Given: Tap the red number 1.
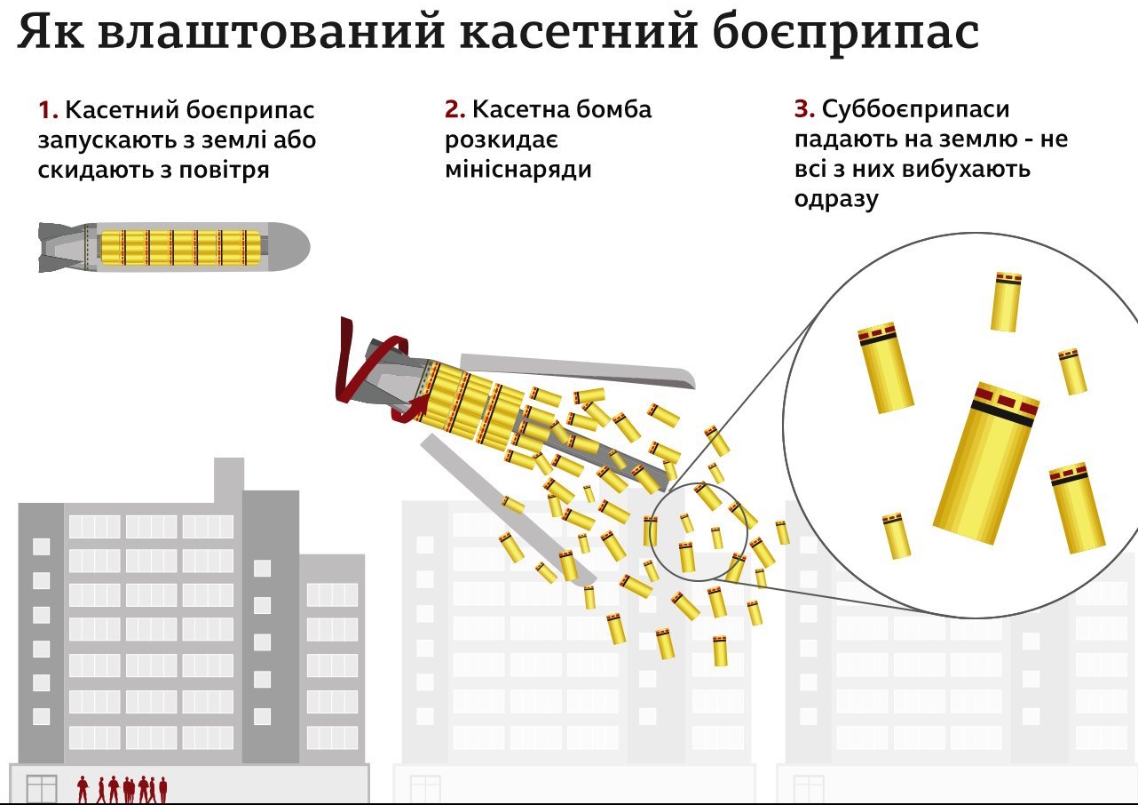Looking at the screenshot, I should point(47,111).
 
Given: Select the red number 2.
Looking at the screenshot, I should point(454,110).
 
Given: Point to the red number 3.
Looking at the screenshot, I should point(804,110).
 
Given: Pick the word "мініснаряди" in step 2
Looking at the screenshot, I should point(518,169).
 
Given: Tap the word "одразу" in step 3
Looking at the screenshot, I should point(836,199).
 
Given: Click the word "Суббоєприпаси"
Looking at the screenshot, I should point(916,110).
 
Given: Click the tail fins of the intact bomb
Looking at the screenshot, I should point(59,247).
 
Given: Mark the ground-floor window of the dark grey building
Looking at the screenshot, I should point(42,789).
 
